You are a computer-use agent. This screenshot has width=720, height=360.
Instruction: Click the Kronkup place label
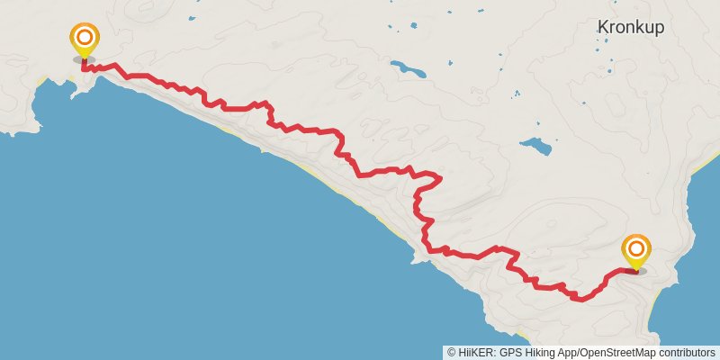click(x=630, y=28)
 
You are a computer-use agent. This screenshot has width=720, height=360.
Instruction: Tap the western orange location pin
click(x=85, y=40)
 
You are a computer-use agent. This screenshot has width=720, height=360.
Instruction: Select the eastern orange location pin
click(x=636, y=249)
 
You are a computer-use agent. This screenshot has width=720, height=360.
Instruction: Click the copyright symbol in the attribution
click(x=451, y=353)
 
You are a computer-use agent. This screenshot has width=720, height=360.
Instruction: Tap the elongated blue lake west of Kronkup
click(x=408, y=67)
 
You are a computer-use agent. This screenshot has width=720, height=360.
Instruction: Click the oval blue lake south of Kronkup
click(x=536, y=146)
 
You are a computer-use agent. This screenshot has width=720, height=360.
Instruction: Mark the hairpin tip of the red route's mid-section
click(x=439, y=177)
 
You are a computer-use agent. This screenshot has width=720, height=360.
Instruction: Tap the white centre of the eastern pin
click(x=636, y=246)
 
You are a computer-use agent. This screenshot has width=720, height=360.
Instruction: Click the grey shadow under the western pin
click(x=85, y=59)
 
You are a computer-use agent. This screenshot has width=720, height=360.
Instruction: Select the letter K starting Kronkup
click(x=602, y=28)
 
